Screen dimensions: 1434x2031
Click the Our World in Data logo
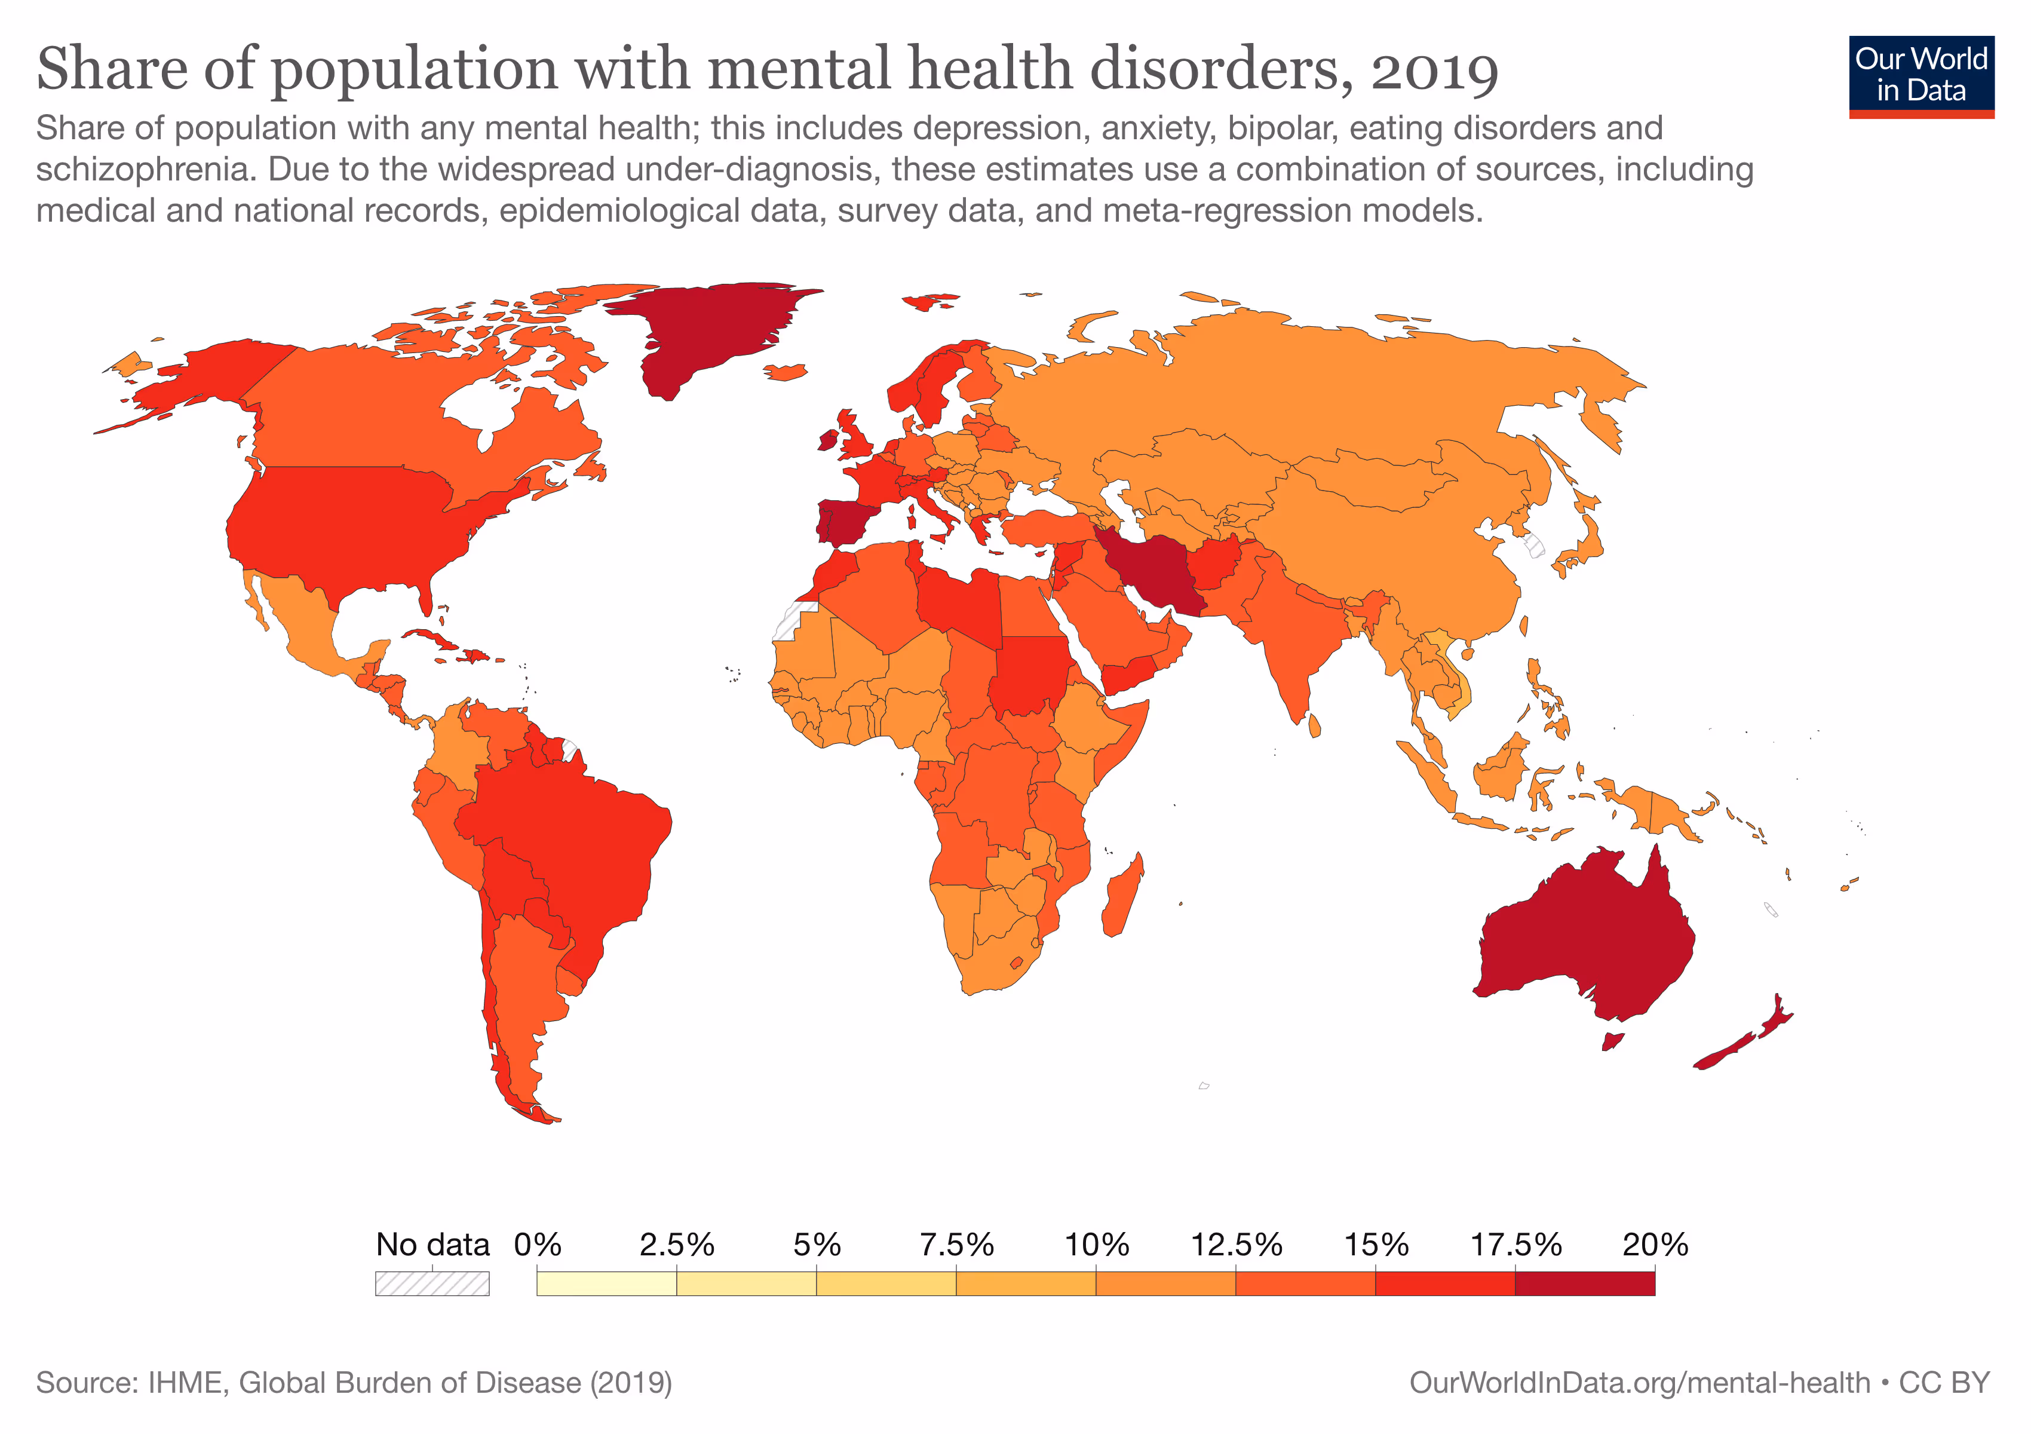1920,76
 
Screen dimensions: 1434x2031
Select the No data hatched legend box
432,1283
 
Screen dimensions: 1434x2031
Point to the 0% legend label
537,1245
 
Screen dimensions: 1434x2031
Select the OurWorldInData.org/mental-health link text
1639,1383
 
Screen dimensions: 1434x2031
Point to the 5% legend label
815,1245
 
